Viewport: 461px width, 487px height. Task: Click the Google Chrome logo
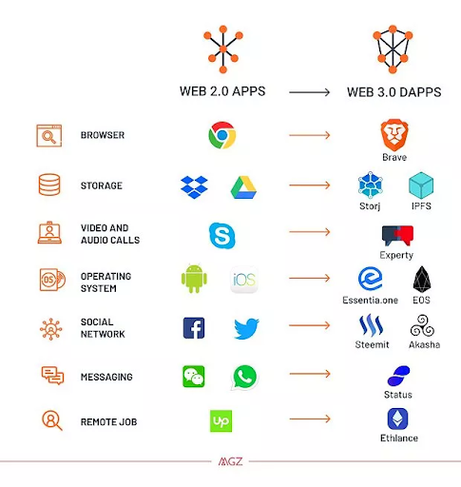(x=222, y=135)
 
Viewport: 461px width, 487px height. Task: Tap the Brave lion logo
(x=394, y=135)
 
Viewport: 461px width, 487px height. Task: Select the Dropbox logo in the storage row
(x=194, y=187)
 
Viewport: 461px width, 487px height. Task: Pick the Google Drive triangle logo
(x=243, y=187)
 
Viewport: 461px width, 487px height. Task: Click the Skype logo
(x=222, y=235)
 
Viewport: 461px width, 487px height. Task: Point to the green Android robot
(x=194, y=278)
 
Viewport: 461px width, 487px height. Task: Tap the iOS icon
(x=244, y=280)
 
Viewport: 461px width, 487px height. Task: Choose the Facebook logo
(x=194, y=328)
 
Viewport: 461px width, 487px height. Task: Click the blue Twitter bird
(x=246, y=328)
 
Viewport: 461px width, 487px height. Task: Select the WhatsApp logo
(x=244, y=378)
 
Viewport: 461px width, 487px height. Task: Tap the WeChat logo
(x=194, y=377)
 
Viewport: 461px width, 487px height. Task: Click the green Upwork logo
(x=221, y=421)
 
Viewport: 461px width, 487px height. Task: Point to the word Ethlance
(x=399, y=438)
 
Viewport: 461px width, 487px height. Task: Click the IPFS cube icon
(x=421, y=185)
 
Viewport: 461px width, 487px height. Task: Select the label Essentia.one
(x=370, y=300)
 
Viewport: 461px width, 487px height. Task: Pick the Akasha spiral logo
(x=422, y=325)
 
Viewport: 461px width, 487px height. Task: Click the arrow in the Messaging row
(x=310, y=374)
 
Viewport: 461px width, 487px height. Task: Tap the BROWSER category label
(x=103, y=135)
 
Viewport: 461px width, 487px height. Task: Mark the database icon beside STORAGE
(x=49, y=185)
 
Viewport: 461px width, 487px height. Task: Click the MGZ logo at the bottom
(x=230, y=461)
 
